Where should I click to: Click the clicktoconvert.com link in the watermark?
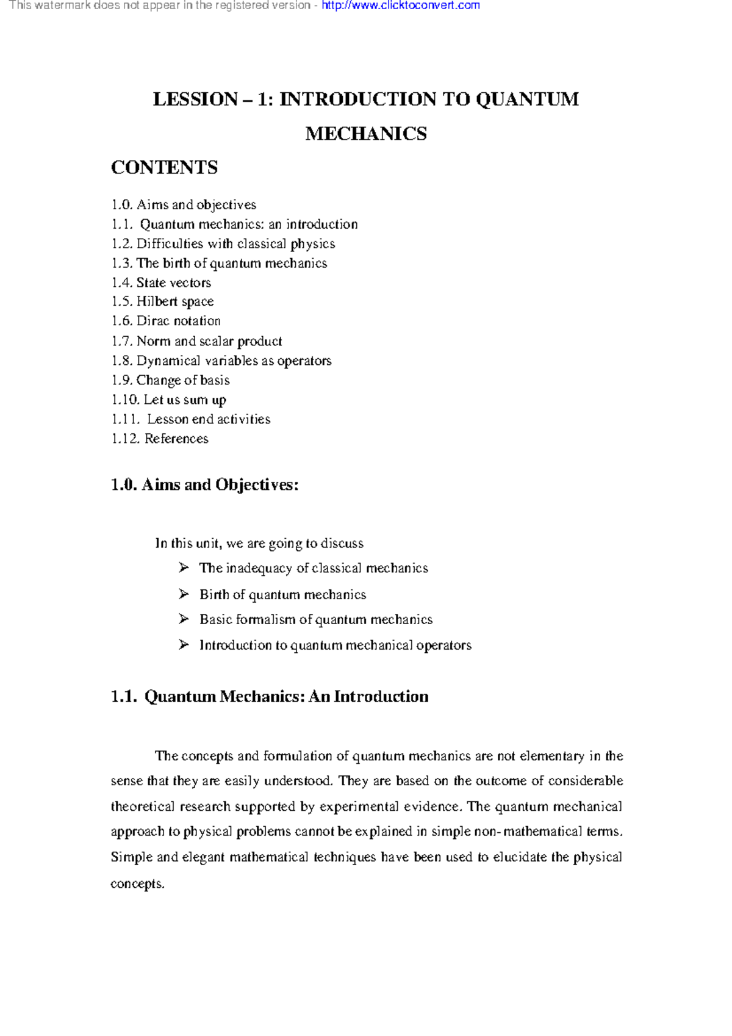tap(401, 5)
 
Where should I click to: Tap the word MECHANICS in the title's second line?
tap(366, 134)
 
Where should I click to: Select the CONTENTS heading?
tap(164, 168)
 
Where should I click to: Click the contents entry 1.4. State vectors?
tap(161, 282)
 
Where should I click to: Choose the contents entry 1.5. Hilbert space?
tap(162, 301)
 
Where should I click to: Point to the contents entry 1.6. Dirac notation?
tap(166, 321)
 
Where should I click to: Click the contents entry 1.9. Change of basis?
tap(170, 380)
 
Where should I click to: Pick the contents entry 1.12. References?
tap(160, 439)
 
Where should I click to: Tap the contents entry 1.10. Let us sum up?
tap(168, 400)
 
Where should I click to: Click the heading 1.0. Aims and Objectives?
tap(204, 485)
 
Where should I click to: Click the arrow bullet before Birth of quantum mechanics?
tap(184, 594)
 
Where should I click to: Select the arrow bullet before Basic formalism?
tap(184, 619)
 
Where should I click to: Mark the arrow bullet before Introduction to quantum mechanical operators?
tap(184, 645)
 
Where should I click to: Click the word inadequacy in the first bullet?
tap(259, 569)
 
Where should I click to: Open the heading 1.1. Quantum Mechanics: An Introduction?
tap(269, 697)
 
